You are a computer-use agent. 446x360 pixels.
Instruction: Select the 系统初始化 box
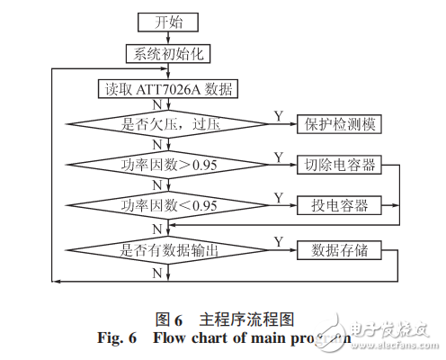tap(168, 54)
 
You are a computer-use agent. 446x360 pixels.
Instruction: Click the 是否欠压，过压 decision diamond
tap(168, 124)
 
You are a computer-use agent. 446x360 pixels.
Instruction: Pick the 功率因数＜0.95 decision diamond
tap(168, 205)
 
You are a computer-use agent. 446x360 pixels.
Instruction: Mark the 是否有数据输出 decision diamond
tap(168, 249)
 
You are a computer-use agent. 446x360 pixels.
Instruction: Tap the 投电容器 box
tap(339, 205)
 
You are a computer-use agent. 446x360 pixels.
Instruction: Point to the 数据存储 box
tap(339, 249)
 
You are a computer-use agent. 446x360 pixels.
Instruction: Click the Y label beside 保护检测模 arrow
tap(276, 115)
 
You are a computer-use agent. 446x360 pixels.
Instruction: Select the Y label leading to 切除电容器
tap(276, 156)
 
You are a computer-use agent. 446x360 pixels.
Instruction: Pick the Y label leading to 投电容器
tap(276, 196)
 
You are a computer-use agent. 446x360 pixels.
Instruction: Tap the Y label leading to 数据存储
tap(277, 240)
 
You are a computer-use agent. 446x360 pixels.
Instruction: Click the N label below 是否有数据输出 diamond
tap(157, 271)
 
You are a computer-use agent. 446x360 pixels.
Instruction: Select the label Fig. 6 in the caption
tap(116, 338)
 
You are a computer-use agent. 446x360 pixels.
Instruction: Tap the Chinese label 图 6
tap(170, 319)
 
